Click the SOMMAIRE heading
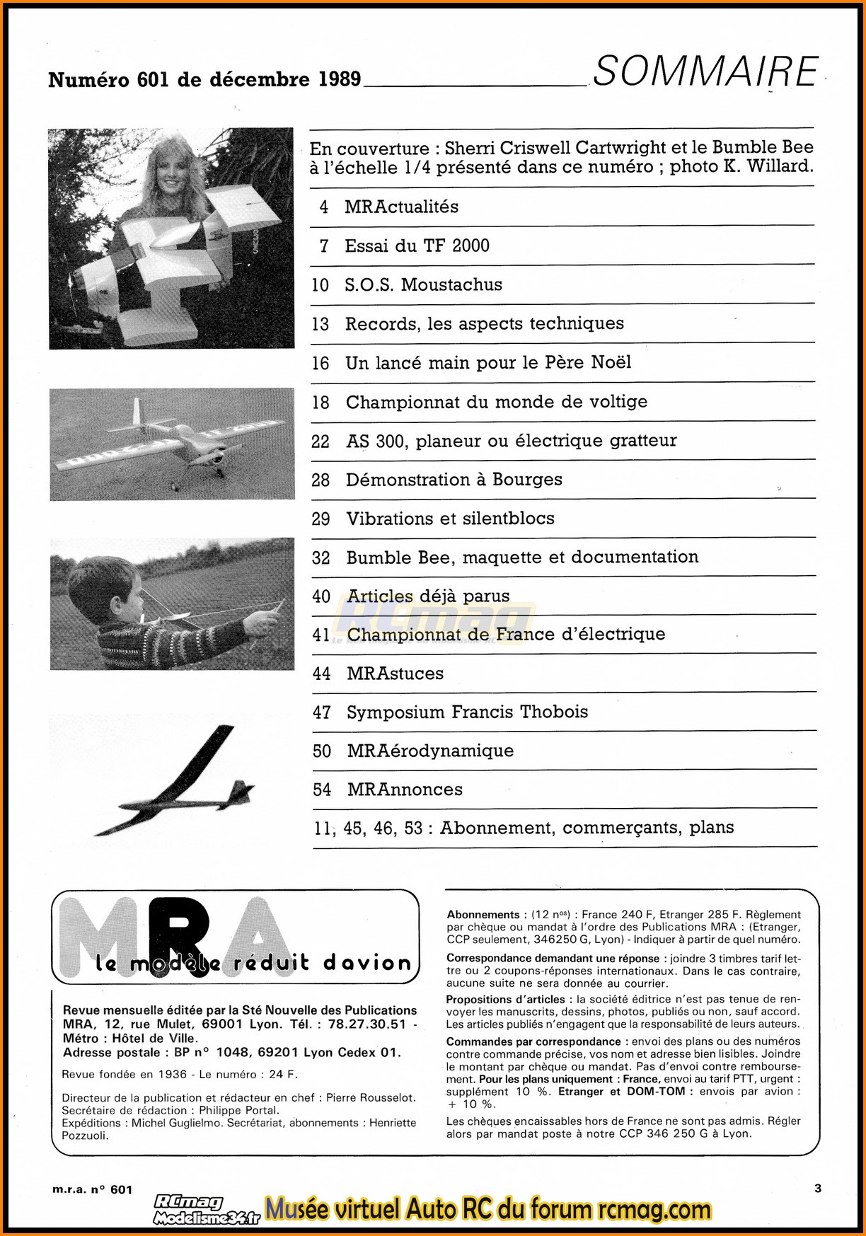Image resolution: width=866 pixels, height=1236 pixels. click(x=705, y=72)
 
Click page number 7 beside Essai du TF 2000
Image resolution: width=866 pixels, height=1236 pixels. click(x=324, y=246)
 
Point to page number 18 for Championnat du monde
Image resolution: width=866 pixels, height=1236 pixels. click(x=321, y=403)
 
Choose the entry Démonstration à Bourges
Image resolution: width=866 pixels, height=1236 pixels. click(x=454, y=480)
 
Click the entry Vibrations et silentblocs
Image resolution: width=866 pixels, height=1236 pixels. click(x=450, y=519)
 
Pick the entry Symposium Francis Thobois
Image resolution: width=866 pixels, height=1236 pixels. click(x=467, y=712)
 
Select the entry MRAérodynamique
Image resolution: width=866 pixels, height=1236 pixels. click(x=430, y=751)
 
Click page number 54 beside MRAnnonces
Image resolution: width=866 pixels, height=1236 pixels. click(x=322, y=790)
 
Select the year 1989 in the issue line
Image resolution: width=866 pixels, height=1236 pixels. click(x=339, y=79)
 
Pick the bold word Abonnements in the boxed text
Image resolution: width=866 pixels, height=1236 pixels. click(x=483, y=915)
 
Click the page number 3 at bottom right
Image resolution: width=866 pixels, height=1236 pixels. click(x=818, y=1189)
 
